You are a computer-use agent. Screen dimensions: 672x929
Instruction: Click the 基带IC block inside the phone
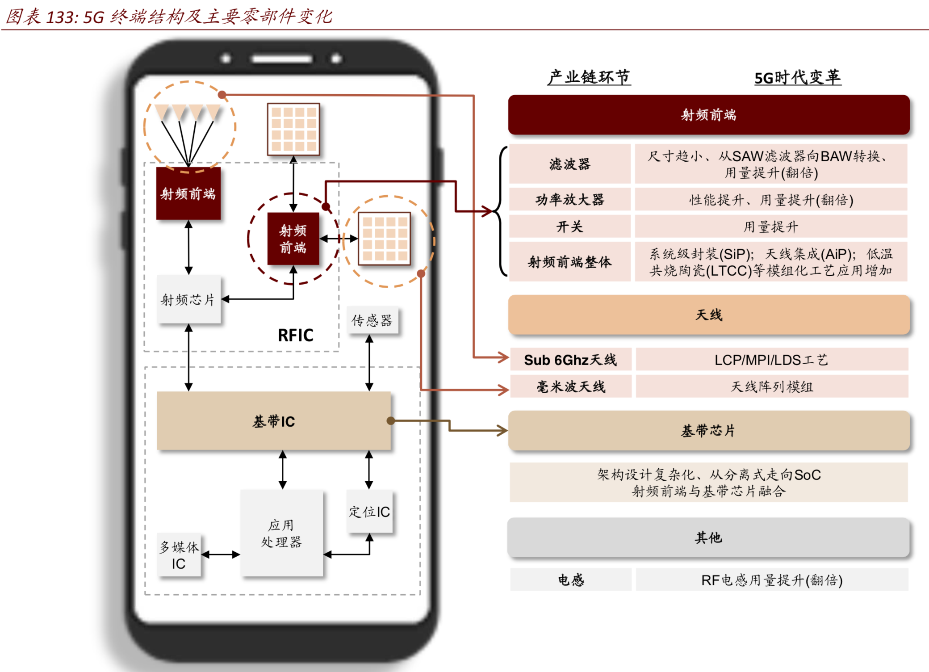click(x=273, y=421)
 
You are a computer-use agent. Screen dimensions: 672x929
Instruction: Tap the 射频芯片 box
click(x=188, y=299)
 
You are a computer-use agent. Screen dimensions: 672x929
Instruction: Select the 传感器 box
click(x=372, y=320)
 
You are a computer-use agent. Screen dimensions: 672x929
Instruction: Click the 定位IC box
click(x=369, y=512)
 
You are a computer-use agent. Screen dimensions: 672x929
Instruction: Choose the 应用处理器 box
click(x=281, y=533)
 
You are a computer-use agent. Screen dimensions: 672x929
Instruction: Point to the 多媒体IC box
click(x=179, y=555)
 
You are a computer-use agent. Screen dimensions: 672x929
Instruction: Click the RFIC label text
click(x=295, y=335)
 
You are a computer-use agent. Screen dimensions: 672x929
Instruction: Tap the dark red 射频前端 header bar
click(x=708, y=115)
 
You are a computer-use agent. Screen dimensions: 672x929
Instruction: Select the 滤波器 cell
click(x=569, y=164)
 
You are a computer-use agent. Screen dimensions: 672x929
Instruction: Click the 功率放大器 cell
click(x=569, y=199)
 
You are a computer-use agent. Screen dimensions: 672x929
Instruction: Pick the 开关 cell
click(x=569, y=227)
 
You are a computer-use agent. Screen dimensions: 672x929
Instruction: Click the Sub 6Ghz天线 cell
click(x=570, y=360)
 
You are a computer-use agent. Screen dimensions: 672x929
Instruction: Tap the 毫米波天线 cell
click(x=570, y=386)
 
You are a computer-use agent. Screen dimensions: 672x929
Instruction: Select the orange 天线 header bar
click(x=708, y=315)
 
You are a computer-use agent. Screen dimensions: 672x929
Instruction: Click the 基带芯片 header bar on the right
click(x=708, y=431)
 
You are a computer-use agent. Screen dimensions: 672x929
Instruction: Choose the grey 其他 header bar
click(x=708, y=538)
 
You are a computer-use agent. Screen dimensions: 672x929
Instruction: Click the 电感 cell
click(x=570, y=580)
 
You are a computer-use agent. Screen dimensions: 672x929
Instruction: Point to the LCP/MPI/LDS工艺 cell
click(x=771, y=360)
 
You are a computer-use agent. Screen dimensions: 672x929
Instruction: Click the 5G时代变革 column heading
click(x=797, y=78)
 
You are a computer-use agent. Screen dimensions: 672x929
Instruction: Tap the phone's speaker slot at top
click(x=281, y=59)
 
